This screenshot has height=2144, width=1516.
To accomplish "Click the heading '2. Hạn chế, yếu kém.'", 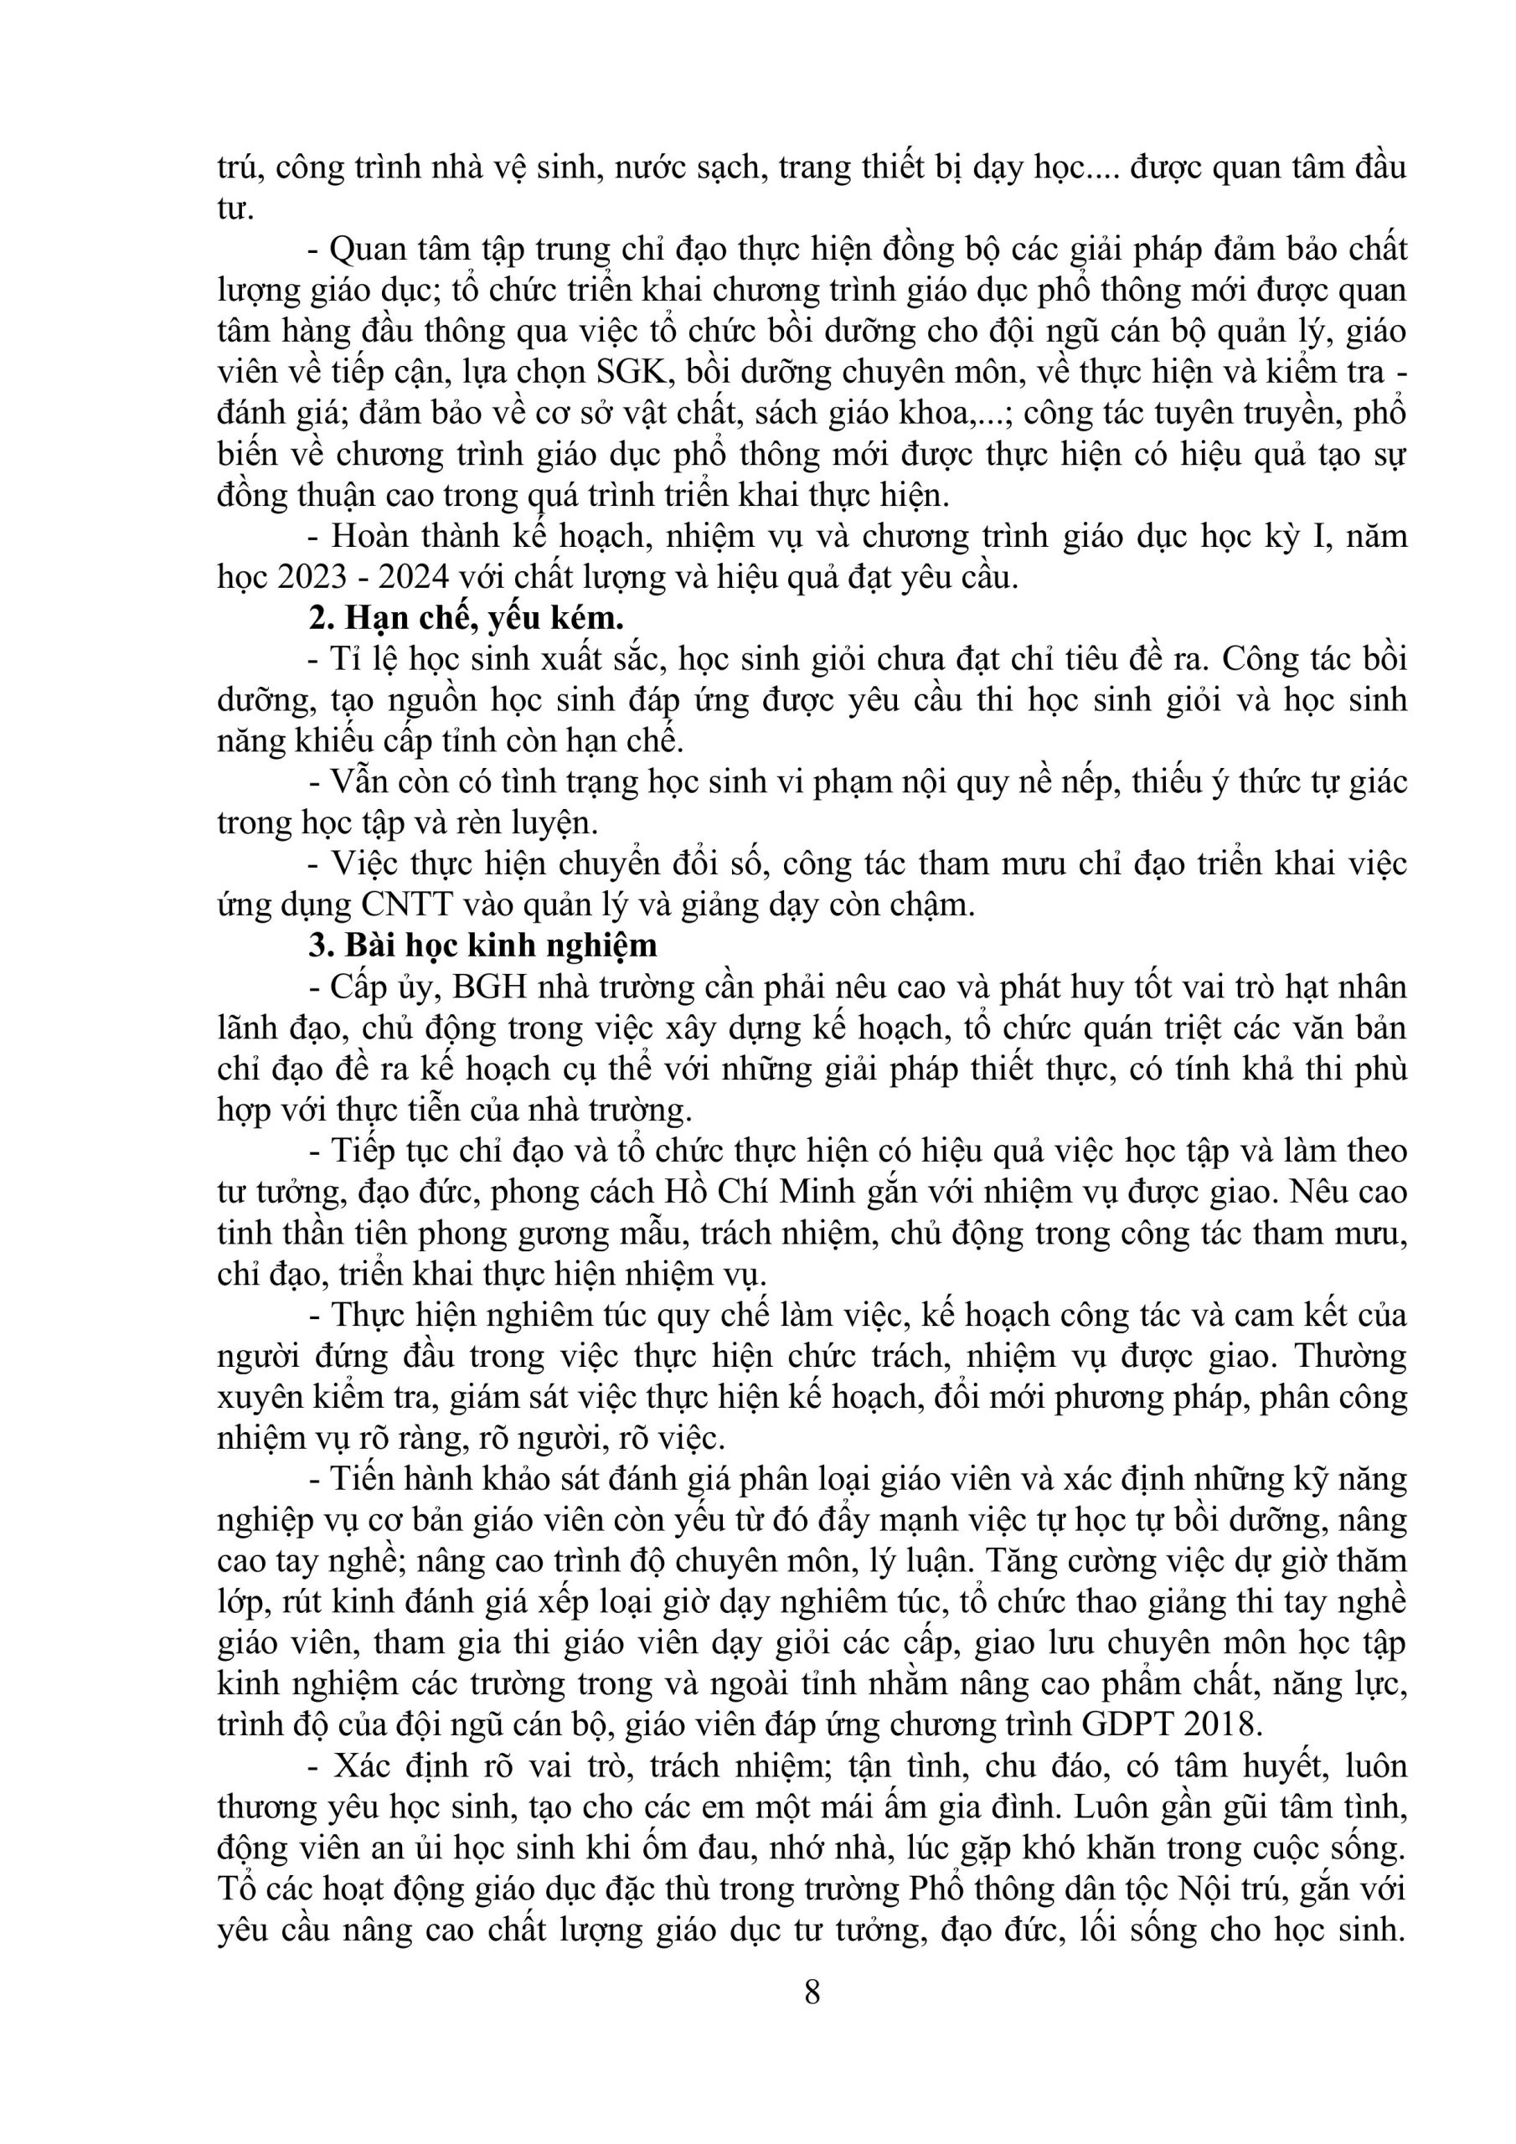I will coord(465,618).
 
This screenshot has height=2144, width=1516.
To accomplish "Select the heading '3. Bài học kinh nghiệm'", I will coord(483,945).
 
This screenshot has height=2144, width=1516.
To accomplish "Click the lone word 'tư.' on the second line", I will coord(235,209).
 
